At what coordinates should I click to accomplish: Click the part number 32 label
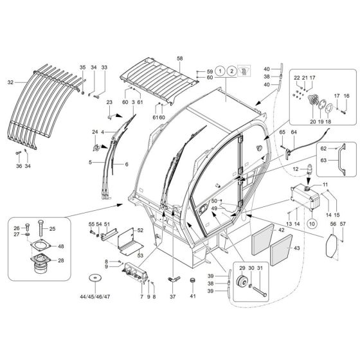[x=10, y=82]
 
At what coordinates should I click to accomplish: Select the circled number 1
[x=221, y=71]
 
